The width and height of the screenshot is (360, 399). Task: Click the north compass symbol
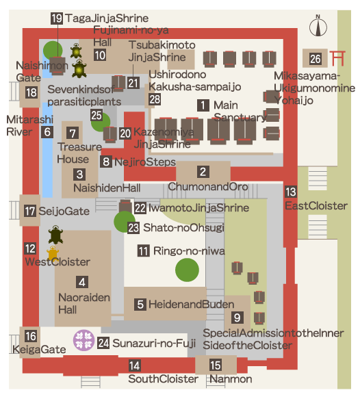[x=318, y=26]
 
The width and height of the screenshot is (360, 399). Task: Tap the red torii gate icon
[x=337, y=58]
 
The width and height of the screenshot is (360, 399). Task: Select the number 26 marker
[x=316, y=59]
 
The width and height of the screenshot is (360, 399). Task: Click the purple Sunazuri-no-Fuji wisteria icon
[x=83, y=340]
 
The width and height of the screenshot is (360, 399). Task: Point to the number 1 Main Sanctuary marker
[x=203, y=105]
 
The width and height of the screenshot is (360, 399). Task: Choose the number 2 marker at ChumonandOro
[x=203, y=172]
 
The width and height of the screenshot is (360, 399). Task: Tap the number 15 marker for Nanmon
[x=216, y=365]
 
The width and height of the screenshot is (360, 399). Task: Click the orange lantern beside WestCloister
[x=53, y=253]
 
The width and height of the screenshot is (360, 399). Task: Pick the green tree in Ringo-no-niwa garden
[x=187, y=270]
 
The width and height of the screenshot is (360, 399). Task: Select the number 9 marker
[x=237, y=318]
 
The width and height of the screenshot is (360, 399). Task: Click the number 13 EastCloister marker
[x=291, y=192]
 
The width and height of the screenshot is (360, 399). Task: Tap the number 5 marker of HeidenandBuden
[x=140, y=305]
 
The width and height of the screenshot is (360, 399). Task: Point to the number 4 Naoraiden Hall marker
[x=82, y=282]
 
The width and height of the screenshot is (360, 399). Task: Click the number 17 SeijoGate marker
[x=30, y=211]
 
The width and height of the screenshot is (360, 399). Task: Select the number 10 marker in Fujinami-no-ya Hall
[x=100, y=55]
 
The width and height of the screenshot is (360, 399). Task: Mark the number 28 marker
[x=155, y=99]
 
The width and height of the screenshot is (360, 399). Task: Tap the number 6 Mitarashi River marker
[x=47, y=132]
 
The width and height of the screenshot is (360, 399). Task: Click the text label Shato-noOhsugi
[x=183, y=228]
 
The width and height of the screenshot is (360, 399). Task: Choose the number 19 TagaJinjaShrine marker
[x=57, y=18]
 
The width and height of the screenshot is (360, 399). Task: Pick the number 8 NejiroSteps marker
[x=106, y=162]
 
